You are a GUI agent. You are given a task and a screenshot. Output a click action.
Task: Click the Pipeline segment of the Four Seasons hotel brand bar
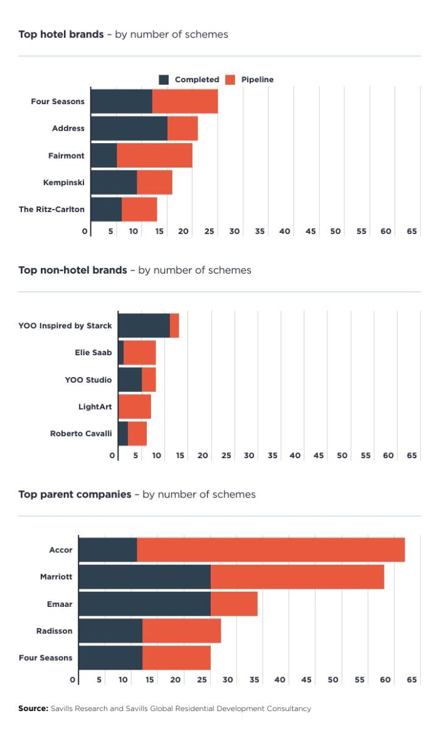click(x=185, y=102)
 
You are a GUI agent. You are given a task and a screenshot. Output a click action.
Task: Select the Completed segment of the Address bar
click(x=129, y=129)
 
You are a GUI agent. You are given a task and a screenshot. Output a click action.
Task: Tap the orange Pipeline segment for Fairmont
click(x=154, y=156)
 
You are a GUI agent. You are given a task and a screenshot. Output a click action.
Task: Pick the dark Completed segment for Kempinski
click(x=114, y=183)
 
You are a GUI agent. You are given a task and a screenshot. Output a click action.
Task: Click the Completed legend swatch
click(x=164, y=80)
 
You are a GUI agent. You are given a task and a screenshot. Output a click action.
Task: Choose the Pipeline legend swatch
click(x=230, y=80)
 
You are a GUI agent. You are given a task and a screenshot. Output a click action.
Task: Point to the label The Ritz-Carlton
click(x=51, y=210)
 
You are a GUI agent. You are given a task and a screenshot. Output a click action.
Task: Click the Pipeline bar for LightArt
click(x=134, y=407)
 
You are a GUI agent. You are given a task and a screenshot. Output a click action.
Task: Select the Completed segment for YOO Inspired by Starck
click(x=144, y=326)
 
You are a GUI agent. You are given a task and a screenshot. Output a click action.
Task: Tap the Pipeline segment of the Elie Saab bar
click(x=139, y=353)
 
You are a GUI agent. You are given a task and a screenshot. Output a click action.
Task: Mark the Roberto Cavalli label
click(x=81, y=434)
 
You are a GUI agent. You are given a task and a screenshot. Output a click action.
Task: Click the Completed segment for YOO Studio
click(x=130, y=380)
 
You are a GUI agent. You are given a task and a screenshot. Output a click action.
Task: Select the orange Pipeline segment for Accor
click(x=270, y=550)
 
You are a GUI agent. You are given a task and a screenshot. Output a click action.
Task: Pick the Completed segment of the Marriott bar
click(x=144, y=577)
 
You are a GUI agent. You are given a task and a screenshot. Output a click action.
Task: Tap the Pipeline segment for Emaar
click(x=234, y=604)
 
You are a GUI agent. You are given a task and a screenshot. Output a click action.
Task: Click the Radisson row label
click(x=55, y=631)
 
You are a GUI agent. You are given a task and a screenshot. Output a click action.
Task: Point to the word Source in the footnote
click(x=33, y=709)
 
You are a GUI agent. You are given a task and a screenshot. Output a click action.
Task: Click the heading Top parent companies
click(x=75, y=495)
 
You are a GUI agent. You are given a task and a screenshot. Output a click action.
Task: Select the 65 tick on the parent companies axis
click(x=412, y=680)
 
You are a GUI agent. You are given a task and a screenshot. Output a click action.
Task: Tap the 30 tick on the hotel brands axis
click(x=235, y=232)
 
